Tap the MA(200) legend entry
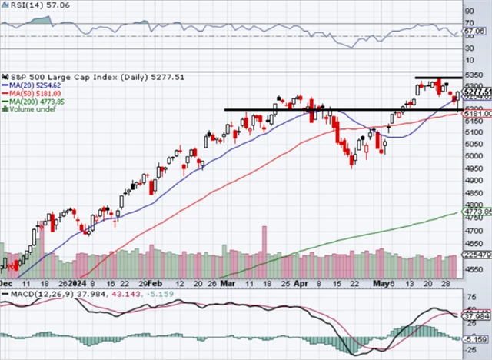click(x=31, y=101)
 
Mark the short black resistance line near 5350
click(x=438, y=78)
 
